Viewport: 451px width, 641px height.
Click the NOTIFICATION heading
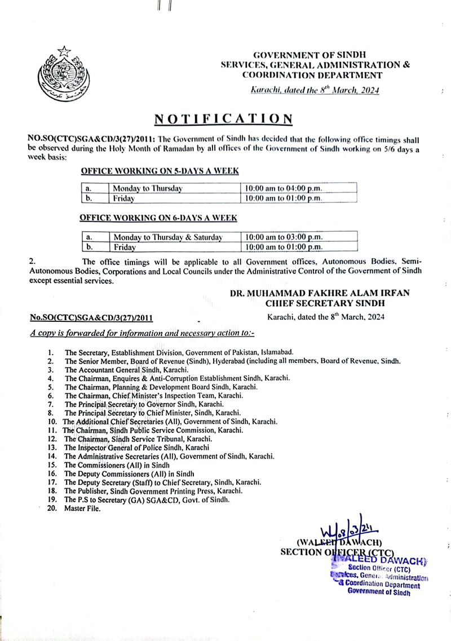[224, 119]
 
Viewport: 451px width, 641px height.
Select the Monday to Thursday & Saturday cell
[167, 237]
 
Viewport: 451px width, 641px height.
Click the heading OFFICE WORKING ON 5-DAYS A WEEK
[161, 170]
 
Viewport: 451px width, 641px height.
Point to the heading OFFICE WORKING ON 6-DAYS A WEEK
[158, 218]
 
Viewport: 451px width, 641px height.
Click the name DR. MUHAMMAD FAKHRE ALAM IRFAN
[320, 294]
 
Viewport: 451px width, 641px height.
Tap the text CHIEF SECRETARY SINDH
[320, 304]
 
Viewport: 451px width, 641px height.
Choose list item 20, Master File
[82, 509]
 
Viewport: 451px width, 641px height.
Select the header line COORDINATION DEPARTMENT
[312, 74]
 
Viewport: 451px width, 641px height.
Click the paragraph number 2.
[32, 261]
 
